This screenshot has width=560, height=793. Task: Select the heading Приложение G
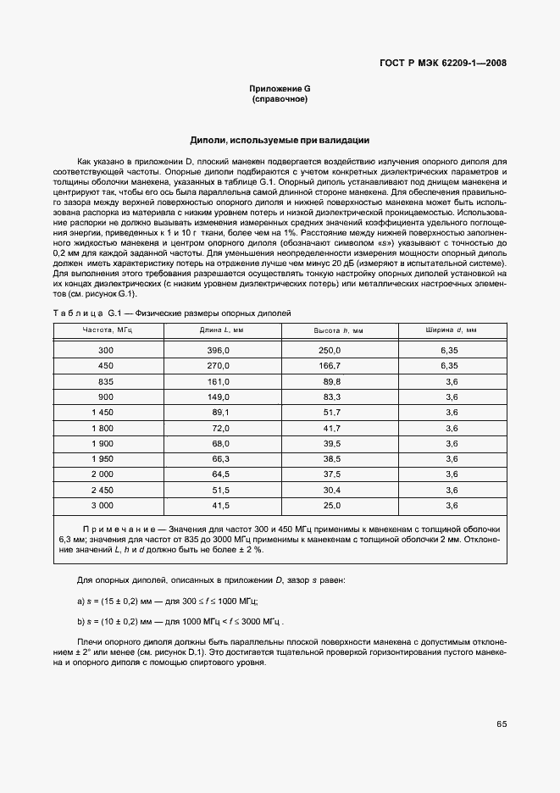pos(280,89)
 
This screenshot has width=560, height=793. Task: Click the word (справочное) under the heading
pos(280,99)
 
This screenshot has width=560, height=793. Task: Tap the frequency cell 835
pos(106,381)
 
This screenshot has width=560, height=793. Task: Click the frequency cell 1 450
pos(103,413)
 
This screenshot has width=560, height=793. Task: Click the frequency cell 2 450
pos(103,490)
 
